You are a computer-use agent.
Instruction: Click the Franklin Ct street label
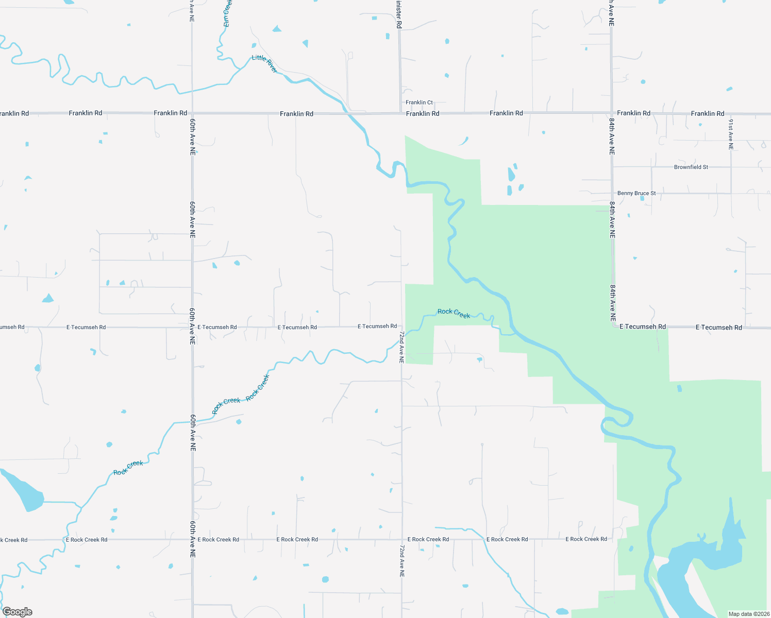click(x=419, y=102)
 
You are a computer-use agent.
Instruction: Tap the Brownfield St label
click(x=691, y=167)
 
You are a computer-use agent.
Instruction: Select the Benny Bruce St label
click(x=636, y=194)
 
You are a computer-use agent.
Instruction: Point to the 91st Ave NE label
click(x=731, y=134)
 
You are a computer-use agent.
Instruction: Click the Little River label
click(x=265, y=64)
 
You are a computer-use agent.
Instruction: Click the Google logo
click(x=17, y=612)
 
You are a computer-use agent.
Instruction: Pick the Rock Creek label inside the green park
click(x=454, y=313)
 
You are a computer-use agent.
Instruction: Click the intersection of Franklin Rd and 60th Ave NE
click(x=192, y=113)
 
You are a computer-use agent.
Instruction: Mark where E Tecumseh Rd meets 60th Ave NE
click(x=192, y=327)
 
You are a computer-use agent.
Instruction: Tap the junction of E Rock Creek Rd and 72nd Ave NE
click(x=402, y=540)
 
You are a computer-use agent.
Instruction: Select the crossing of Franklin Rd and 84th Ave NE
click(x=612, y=113)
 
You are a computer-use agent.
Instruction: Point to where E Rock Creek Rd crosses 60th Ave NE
click(x=192, y=540)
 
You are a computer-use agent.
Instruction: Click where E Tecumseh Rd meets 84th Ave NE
click(x=612, y=327)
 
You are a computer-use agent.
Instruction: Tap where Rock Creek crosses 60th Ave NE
click(x=192, y=422)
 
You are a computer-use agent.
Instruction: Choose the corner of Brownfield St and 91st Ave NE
click(x=731, y=167)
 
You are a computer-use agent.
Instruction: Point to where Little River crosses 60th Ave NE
click(x=192, y=91)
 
